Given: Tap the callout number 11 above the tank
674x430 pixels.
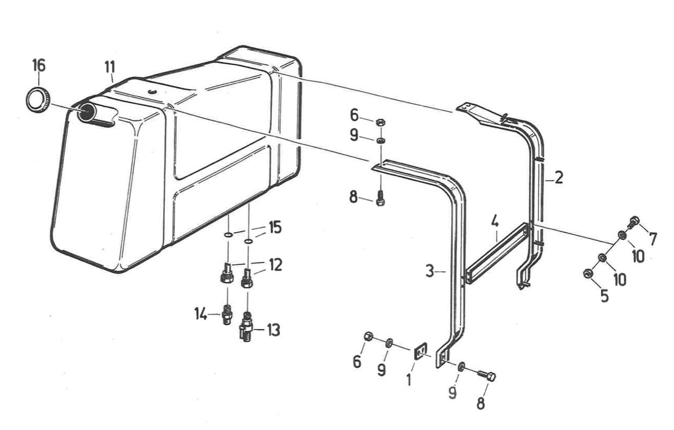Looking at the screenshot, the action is click(110, 67).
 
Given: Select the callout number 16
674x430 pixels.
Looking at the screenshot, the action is click(39, 65).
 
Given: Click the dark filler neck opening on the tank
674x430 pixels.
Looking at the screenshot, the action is click(86, 112).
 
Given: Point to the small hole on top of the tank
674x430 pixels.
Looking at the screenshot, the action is click(151, 91).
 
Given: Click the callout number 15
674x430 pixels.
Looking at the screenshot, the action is click(275, 227).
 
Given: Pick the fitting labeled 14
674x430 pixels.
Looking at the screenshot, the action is click(227, 314).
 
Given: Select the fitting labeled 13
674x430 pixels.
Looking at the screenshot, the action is click(247, 328).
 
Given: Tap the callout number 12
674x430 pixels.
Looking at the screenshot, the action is click(275, 265).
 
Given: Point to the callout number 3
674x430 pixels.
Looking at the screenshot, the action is click(430, 272).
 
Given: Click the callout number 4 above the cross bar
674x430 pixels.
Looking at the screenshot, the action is click(495, 222).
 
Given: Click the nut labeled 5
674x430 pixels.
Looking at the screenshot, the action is click(588, 273).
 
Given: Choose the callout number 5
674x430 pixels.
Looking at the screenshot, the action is click(604, 296).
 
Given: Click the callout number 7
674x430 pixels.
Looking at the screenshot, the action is click(653, 239).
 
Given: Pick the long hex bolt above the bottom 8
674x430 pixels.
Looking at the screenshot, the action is click(486, 376).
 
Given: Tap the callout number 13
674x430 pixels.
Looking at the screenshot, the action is click(273, 329).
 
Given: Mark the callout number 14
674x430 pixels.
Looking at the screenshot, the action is click(201, 314).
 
